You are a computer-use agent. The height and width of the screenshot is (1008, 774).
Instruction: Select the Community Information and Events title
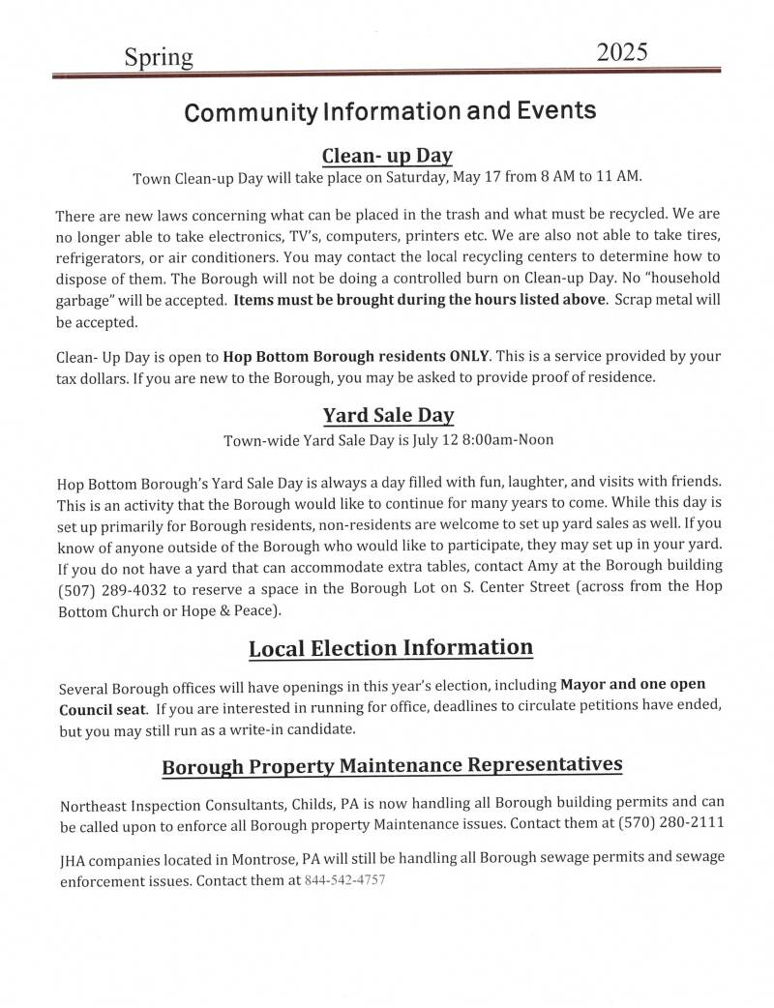pos(390,111)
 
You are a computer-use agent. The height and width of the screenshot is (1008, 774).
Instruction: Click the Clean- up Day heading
pos(387,155)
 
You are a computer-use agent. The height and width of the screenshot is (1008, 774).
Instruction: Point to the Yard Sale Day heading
pos(388,416)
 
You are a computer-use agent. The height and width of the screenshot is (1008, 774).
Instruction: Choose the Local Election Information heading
pos(391,648)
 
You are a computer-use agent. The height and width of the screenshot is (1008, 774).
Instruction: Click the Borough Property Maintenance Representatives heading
pos(392,766)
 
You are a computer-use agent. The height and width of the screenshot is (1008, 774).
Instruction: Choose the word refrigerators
pos(101,256)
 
